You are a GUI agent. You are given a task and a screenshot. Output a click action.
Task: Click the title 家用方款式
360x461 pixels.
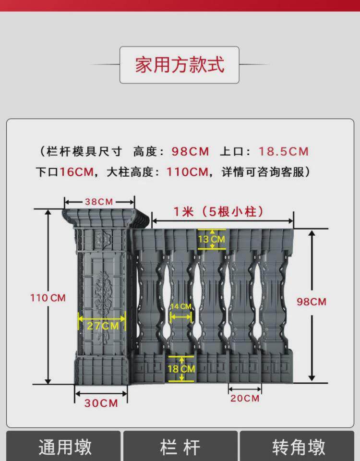coord(180,64)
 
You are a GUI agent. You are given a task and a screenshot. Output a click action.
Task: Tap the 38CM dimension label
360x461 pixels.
coord(99,202)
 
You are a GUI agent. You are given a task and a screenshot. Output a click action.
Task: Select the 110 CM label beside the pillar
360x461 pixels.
coord(48,298)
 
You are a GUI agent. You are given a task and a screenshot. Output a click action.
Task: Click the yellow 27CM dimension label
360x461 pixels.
coord(102,326)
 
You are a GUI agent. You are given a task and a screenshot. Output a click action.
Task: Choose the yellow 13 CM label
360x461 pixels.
coord(211,239)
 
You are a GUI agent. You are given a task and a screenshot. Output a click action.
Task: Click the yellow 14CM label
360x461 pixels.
coord(181,306)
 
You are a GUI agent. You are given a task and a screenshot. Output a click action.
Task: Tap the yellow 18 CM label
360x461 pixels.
coord(181,369)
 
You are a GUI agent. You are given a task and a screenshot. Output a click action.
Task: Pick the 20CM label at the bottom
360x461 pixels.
coord(245,398)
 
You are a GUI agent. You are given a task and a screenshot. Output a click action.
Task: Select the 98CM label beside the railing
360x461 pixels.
coord(311,302)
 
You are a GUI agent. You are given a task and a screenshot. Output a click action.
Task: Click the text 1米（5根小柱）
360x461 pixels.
coord(218,211)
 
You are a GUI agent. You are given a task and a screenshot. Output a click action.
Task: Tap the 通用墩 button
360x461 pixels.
coord(65,447)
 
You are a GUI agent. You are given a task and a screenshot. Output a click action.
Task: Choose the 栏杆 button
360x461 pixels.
coord(180,447)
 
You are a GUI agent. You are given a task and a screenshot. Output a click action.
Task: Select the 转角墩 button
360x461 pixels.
coord(299,447)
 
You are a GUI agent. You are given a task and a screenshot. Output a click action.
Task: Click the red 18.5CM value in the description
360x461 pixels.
coord(284,152)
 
